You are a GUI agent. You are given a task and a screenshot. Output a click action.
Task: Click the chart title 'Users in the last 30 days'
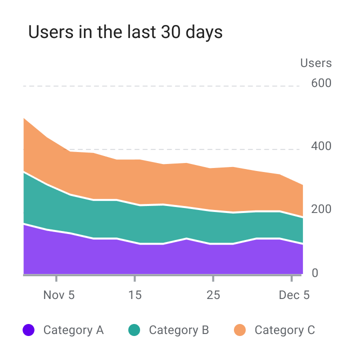pos(125,32)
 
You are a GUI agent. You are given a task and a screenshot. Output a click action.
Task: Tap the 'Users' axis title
pos(316,63)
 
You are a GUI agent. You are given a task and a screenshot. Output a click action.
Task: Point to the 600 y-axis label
pos(321,83)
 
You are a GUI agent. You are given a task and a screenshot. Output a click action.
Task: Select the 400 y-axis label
pos(321,146)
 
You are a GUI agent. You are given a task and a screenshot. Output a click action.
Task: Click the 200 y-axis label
pos(321,209)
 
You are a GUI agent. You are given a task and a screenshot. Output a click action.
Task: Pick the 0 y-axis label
pos(315,273)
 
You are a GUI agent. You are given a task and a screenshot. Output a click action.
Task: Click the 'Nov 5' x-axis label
pos(59,295)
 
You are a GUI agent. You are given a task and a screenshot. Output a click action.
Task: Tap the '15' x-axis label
pos(135,295)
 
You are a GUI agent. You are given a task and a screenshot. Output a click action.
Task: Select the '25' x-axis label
pos(213,295)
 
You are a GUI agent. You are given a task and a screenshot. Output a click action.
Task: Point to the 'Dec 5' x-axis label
pos(294,295)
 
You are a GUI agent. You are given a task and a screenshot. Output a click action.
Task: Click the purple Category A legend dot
pos(28,330)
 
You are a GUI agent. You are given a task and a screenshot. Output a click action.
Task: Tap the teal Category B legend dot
pos(134,330)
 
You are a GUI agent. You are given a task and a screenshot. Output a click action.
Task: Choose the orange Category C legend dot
pos(239,330)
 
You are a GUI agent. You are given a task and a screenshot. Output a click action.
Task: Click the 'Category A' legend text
pos(73,330)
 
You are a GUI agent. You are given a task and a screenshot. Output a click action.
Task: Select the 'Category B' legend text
pos(179,330)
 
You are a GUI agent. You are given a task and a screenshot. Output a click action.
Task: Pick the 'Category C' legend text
pos(285,330)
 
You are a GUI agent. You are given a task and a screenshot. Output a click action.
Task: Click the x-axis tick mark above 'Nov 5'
pos(56,278)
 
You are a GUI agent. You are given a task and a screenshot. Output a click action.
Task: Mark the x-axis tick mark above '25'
pos(213,278)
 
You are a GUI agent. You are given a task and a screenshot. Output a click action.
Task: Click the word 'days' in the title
pos(204,32)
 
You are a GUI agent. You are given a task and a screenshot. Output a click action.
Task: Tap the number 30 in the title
pos(170,32)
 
